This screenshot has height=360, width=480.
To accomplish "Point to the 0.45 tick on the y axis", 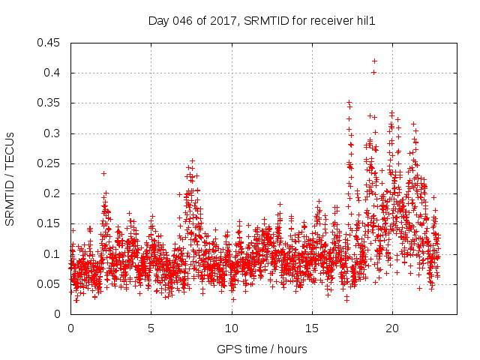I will click(51, 43).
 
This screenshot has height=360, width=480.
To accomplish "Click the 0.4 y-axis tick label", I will click(54, 73).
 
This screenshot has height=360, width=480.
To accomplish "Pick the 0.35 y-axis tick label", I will click(51, 103).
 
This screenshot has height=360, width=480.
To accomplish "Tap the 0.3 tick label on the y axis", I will click(54, 133).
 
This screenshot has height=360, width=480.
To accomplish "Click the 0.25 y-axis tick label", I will click(51, 163).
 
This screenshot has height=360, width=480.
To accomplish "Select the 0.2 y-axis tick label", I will click(54, 193).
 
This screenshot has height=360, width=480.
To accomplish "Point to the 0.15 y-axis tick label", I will click(51, 223).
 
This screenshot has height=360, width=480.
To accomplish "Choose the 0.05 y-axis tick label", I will click(51, 284).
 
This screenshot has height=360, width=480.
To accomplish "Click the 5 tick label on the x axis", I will click(151, 328).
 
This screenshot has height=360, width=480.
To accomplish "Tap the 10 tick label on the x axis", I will click(232, 328).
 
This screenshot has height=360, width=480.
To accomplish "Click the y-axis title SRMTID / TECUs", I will click(10, 178).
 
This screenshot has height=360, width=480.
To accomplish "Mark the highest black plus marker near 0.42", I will click(374, 61).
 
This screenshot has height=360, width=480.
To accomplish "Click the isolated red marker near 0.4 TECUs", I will click(373, 73).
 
